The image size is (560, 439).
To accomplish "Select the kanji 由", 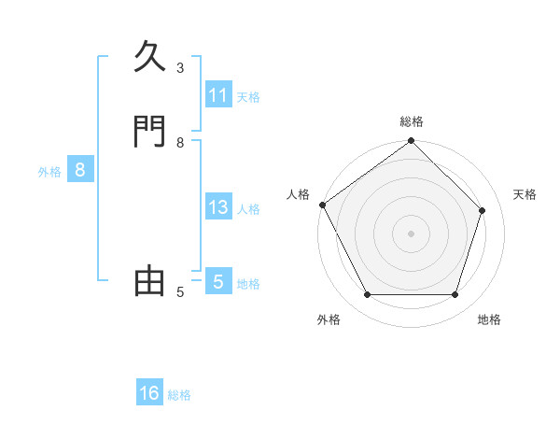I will tap(150, 281).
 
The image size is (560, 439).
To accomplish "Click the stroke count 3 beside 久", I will tap(180, 68).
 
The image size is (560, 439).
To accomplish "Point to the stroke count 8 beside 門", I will tap(180, 143).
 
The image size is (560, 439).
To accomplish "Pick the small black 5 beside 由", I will tap(180, 292).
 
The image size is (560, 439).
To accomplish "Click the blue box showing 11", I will tap(218, 95).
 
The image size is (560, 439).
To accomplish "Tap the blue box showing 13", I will tap(218, 207).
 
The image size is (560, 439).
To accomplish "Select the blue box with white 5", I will tap(218, 281).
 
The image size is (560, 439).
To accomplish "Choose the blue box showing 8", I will tap(80, 170).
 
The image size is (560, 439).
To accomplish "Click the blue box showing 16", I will tap(149, 393).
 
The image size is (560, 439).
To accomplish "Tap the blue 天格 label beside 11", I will tap(248, 96).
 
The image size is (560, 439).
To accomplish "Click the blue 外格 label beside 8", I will tap(49, 171).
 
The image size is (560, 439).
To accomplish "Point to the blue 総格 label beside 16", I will tap(179, 395).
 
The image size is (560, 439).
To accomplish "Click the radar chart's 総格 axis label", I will tap(412, 121).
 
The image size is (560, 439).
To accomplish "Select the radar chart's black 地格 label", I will tap(489, 319).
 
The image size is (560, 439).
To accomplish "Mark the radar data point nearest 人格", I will tap(323, 205).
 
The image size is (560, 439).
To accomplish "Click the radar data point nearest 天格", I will tap(483, 210).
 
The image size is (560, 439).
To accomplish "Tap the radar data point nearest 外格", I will tap(367, 295).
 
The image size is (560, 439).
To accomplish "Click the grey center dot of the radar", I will tap(412, 234).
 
